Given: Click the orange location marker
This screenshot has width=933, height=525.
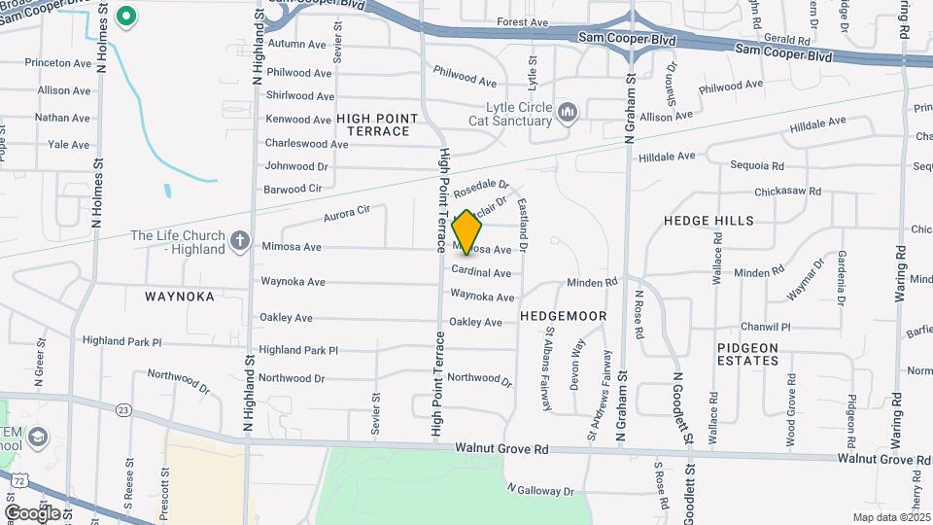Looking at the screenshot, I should [x=467, y=232].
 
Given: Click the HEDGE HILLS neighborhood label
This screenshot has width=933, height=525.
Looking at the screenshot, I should [x=708, y=221].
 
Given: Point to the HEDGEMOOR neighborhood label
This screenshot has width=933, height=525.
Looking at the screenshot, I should [x=564, y=316].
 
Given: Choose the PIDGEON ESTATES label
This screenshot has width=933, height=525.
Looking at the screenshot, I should [x=748, y=354].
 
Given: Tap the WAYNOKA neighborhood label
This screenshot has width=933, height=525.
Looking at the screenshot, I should [x=179, y=297].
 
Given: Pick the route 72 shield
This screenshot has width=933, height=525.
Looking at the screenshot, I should [x=19, y=479].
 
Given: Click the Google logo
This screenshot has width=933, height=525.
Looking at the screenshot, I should [x=32, y=512].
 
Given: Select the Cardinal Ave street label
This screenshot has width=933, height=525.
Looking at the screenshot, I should [x=481, y=273].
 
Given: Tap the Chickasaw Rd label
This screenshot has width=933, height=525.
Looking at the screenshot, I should [x=787, y=192].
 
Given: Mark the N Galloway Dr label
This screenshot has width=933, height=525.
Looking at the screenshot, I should [x=540, y=491].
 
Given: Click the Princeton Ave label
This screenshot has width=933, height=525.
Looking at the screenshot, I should [x=58, y=63].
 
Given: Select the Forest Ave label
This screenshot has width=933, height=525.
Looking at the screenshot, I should [x=523, y=22].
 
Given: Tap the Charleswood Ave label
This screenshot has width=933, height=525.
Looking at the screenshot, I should [x=306, y=144].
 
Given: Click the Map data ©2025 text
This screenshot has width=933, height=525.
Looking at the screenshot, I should [x=890, y=517].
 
